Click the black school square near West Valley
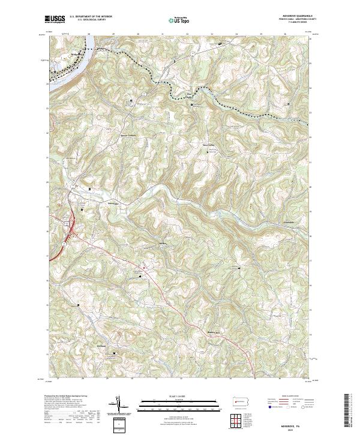tap(209, 151)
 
